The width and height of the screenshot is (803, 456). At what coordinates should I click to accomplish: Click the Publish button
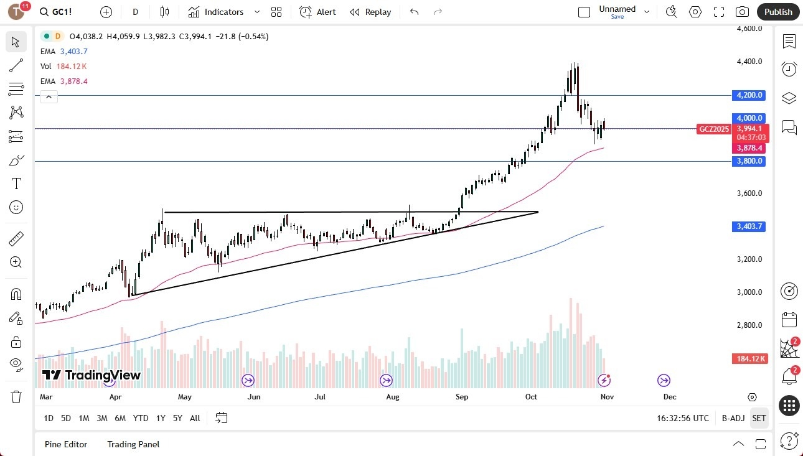[778, 12]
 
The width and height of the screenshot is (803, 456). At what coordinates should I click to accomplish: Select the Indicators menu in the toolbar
[216, 12]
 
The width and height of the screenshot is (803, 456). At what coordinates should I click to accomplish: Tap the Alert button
[317, 12]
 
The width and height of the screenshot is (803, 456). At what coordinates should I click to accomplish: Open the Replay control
[370, 12]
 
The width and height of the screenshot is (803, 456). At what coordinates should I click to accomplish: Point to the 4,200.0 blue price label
[749, 95]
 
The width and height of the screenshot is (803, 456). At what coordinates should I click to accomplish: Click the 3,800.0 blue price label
[749, 161]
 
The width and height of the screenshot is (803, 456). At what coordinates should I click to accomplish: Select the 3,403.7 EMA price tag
[749, 226]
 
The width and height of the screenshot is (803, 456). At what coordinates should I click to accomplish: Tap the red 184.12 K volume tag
[750, 359]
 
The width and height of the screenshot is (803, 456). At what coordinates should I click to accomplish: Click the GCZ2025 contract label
[714, 129]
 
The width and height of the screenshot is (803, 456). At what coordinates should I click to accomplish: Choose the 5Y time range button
[177, 418]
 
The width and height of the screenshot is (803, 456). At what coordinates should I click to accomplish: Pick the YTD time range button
[141, 418]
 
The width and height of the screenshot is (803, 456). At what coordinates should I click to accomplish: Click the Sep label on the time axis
[461, 396]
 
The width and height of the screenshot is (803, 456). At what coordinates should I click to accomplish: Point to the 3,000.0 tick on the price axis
[749, 292]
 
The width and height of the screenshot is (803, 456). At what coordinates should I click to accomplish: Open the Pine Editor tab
[66, 444]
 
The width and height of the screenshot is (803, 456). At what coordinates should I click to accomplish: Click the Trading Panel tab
[133, 444]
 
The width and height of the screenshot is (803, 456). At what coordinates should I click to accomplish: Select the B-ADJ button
[733, 418]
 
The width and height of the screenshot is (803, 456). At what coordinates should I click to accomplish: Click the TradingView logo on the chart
[92, 375]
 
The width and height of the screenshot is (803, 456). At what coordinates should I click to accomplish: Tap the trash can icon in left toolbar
[16, 397]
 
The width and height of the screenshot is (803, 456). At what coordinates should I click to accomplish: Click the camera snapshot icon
[742, 12]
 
